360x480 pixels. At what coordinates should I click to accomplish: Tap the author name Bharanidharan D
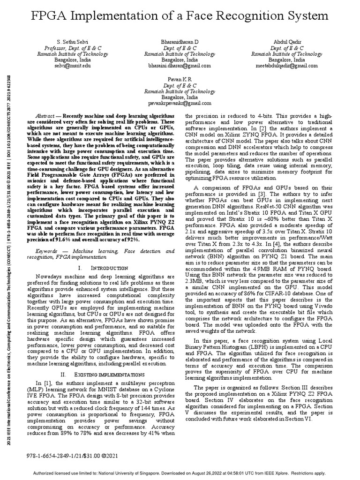point(180,42)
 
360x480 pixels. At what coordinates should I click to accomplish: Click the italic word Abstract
point(47,115)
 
